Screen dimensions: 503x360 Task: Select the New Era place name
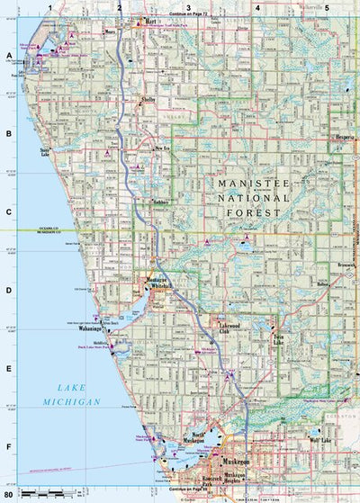[162, 148]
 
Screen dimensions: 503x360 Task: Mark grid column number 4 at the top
[257, 7]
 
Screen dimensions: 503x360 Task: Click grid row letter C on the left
[9, 213]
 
